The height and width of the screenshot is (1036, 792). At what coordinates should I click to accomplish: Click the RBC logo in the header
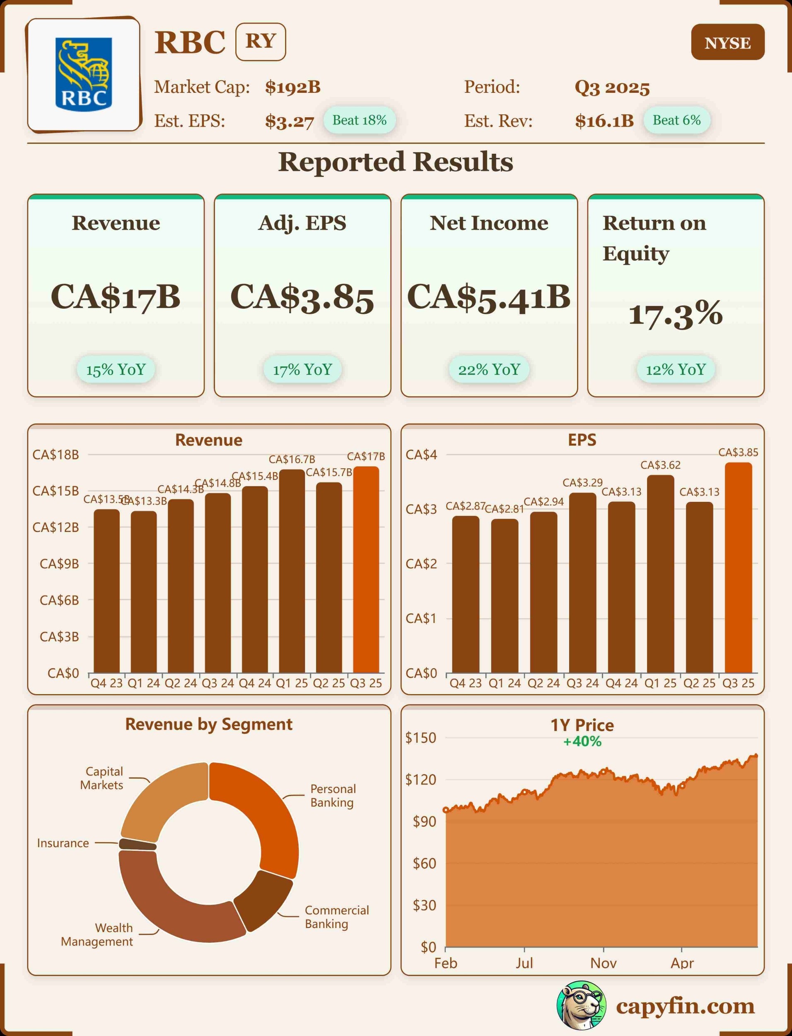pyautogui.click(x=84, y=74)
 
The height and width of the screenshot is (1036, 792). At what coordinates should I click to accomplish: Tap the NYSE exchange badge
pyautogui.click(x=727, y=42)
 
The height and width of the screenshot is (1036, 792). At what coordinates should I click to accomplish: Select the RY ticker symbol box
pyautogui.click(x=261, y=41)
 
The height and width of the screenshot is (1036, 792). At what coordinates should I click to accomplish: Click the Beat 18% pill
pyautogui.click(x=359, y=120)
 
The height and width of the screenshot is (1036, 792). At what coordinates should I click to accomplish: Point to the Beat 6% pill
pyautogui.click(x=676, y=120)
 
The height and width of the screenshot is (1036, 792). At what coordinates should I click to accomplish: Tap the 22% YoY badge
pyautogui.click(x=489, y=369)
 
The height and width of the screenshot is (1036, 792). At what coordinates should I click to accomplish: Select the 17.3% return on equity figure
pyautogui.click(x=676, y=314)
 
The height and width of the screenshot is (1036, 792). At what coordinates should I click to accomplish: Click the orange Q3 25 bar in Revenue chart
pyautogui.click(x=366, y=570)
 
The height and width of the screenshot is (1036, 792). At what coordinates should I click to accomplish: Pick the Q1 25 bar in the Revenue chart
pyautogui.click(x=292, y=571)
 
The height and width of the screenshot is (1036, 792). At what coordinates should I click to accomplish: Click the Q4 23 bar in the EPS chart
pyautogui.click(x=466, y=594)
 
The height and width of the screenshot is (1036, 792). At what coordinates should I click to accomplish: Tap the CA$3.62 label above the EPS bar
pyautogui.click(x=660, y=465)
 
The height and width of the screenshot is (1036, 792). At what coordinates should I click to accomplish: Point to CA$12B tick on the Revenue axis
pyautogui.click(x=56, y=527)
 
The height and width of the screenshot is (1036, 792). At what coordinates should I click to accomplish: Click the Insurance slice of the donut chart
pyautogui.click(x=137, y=844)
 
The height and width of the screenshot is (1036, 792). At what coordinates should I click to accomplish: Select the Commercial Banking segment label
pyautogui.click(x=337, y=917)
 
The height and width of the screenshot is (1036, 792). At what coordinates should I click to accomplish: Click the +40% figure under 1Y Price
pyautogui.click(x=582, y=742)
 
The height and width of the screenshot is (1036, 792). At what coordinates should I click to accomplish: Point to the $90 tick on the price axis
pyautogui.click(x=424, y=821)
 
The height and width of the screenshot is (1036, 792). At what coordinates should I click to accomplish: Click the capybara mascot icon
pyautogui.click(x=581, y=1005)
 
